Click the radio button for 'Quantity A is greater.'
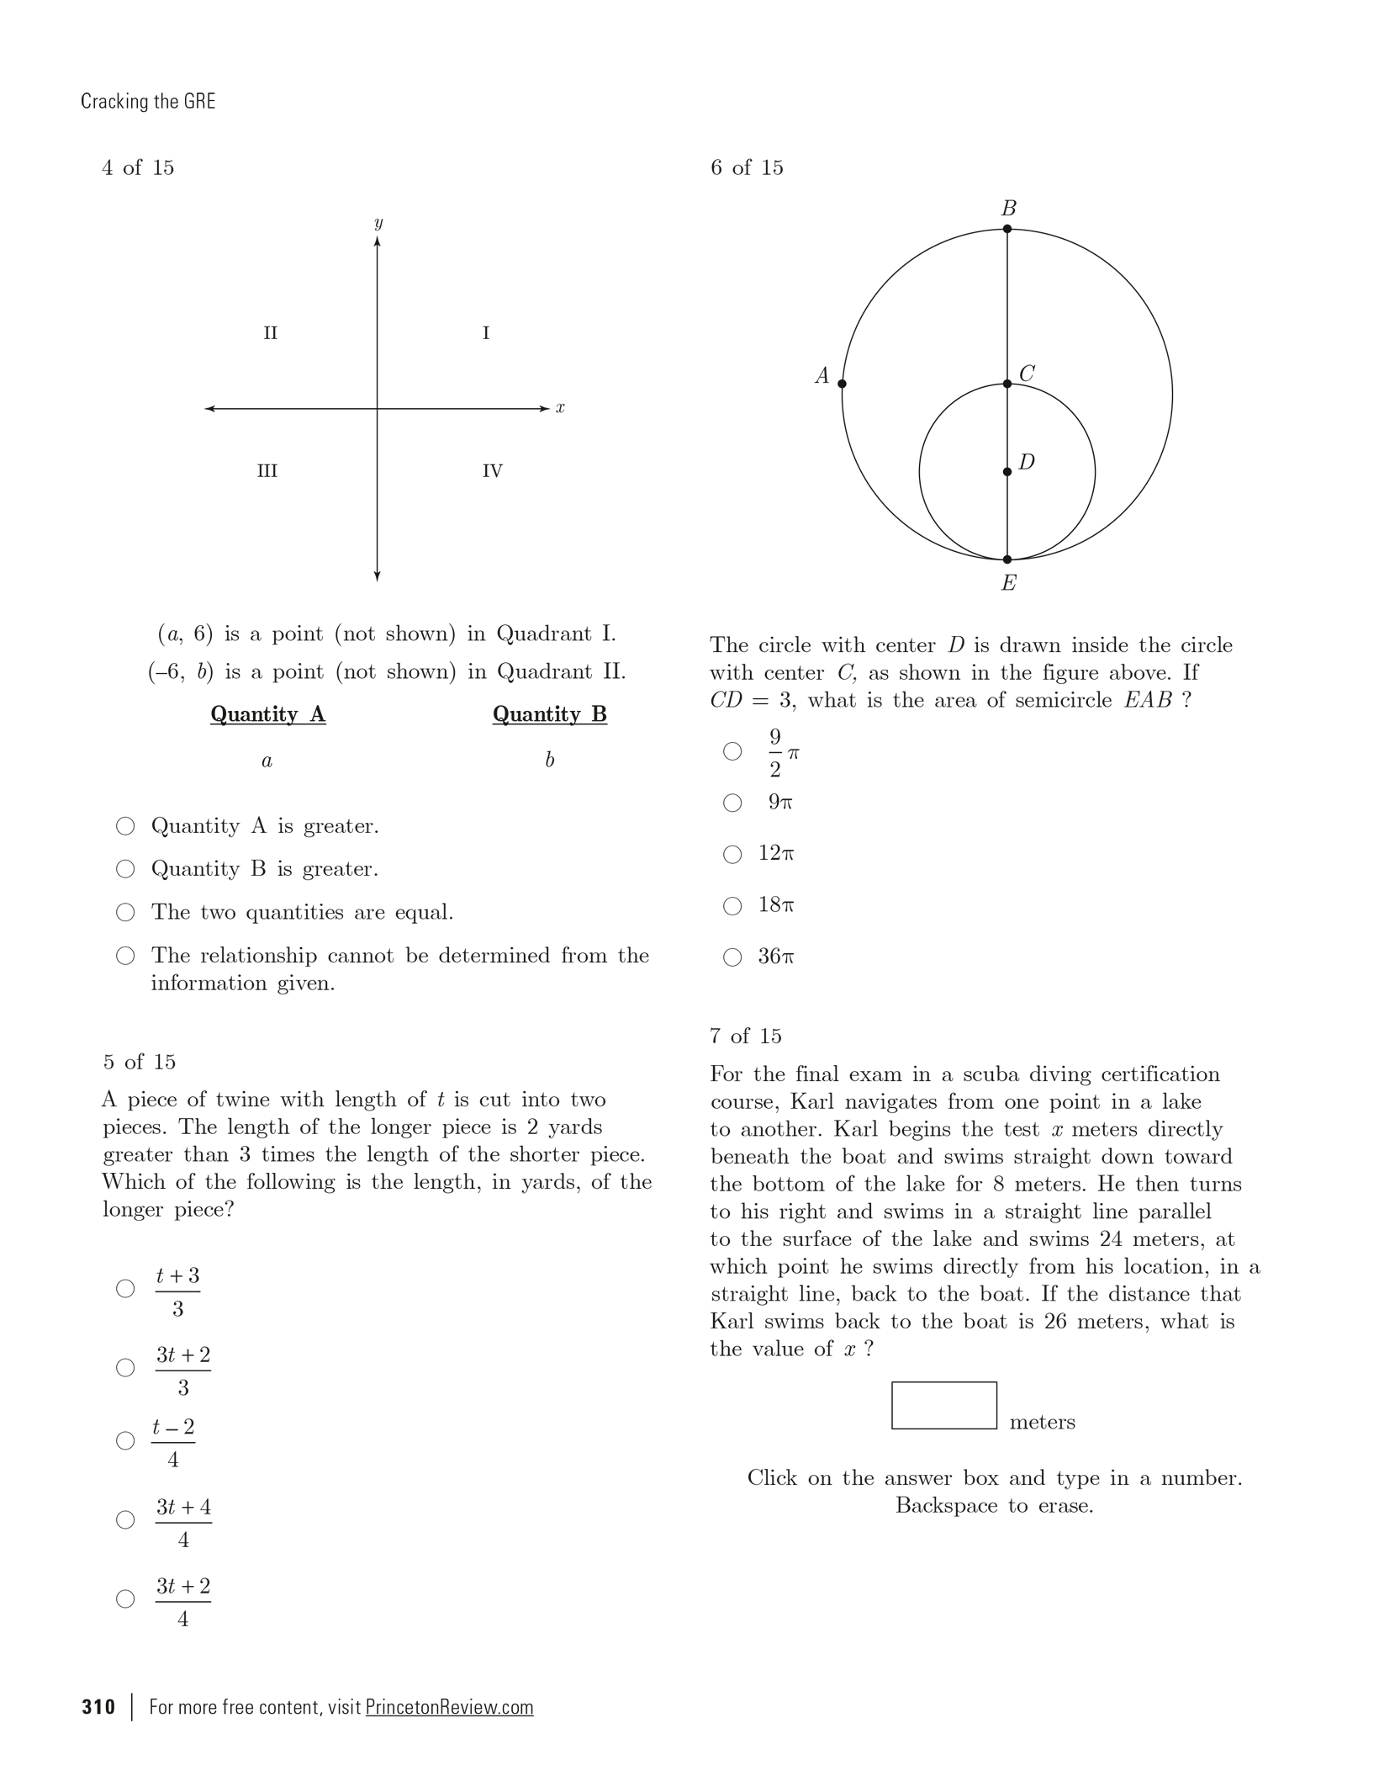click(125, 826)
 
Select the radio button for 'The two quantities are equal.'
click(125, 912)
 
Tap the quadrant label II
click(270, 333)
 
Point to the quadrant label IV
click(493, 471)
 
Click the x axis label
click(560, 409)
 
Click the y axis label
click(378, 223)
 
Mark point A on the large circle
click(843, 384)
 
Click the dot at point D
click(1007, 472)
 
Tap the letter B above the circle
click(1009, 209)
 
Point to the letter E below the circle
click(1009, 583)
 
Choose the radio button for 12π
click(732, 855)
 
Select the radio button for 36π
click(732, 957)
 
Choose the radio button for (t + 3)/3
click(125, 1288)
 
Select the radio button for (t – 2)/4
click(125, 1440)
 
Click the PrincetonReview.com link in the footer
click(449, 1707)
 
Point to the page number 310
click(98, 1707)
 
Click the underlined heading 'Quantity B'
click(550, 714)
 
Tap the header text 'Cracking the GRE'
click(148, 102)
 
